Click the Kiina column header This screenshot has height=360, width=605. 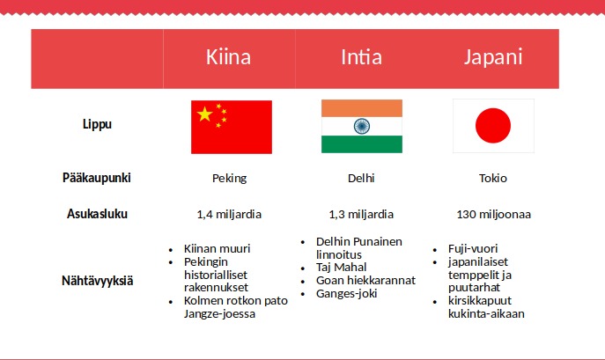pyautogui.click(x=228, y=57)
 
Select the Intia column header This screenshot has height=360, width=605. pyautogui.click(x=362, y=57)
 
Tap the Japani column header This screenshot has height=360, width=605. pyautogui.click(x=493, y=58)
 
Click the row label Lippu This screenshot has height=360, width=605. pyautogui.click(x=97, y=124)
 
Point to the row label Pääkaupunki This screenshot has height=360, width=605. pyautogui.click(x=97, y=178)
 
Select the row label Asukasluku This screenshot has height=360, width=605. pyautogui.click(x=97, y=213)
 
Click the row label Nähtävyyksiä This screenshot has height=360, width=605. pyautogui.click(x=97, y=281)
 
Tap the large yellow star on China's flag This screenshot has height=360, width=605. pyautogui.click(x=204, y=114)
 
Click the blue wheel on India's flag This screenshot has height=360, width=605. pyautogui.click(x=362, y=126)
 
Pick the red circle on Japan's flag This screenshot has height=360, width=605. pyautogui.click(x=493, y=126)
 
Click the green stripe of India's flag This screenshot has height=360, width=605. pyautogui.click(x=362, y=144)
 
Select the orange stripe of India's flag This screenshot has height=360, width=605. pyautogui.click(x=362, y=108)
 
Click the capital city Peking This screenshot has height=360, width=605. pyautogui.click(x=229, y=179)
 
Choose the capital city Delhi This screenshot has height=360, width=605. pyautogui.click(x=361, y=178)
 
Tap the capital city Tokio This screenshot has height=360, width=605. pyautogui.click(x=493, y=178)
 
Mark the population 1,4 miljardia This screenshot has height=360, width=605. pyautogui.click(x=229, y=214)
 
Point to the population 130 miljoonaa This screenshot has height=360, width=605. pyautogui.click(x=494, y=214)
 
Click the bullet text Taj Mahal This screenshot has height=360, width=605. pyautogui.click(x=341, y=267)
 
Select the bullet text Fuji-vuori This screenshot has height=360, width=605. pyautogui.click(x=473, y=248)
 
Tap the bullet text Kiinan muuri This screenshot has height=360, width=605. pyautogui.click(x=218, y=248)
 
